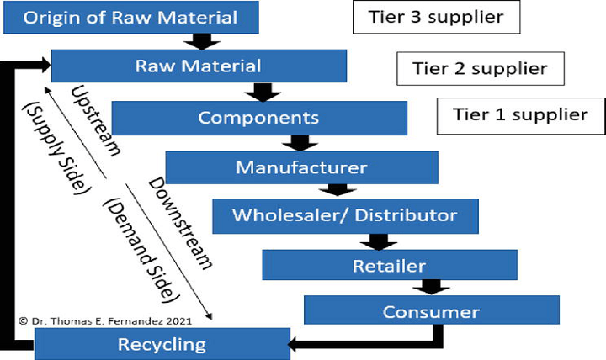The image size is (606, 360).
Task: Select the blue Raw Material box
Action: [199, 66]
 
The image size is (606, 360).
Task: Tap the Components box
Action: [258, 117]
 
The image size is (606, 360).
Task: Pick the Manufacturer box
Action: [301, 167]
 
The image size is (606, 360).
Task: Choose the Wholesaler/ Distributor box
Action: [346, 215]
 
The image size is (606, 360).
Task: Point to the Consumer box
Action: [431, 312]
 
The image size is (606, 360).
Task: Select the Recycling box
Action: [161, 343]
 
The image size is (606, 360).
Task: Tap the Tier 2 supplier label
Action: [481, 67]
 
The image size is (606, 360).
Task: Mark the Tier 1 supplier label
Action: [520, 115]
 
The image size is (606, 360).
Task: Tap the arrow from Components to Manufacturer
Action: [298, 142]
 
